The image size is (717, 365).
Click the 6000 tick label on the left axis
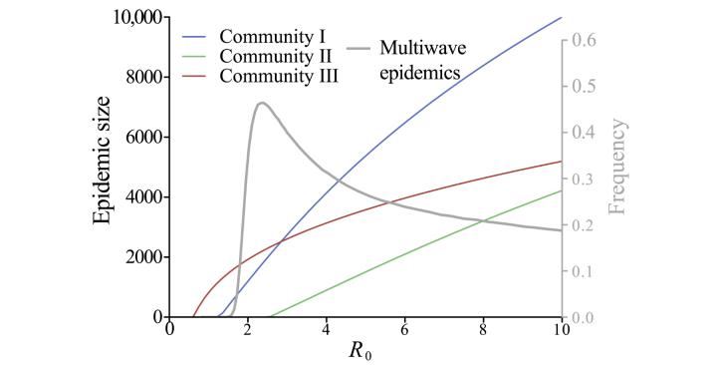click(x=142, y=137)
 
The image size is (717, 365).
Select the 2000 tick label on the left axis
click(x=142, y=256)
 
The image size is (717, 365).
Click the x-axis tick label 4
click(x=327, y=329)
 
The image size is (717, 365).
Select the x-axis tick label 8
click(x=483, y=329)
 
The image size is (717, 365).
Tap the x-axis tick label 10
click(x=561, y=329)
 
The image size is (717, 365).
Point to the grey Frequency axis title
click(x=617, y=167)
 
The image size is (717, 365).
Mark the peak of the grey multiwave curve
click(x=261, y=103)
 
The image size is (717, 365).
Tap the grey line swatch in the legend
click(x=365, y=46)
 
